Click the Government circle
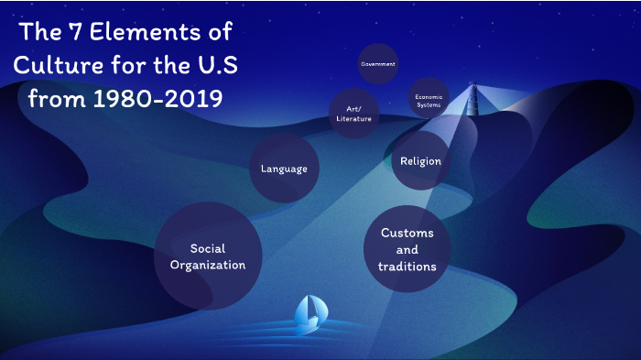point(377,64)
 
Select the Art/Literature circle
point(353,113)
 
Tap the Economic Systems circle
point(429,100)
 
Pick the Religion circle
point(420,161)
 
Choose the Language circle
point(284,169)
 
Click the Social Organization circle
point(208,256)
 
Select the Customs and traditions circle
point(407,249)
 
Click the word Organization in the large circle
point(208,265)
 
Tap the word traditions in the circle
point(407,267)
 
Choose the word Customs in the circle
point(407,233)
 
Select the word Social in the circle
point(208,248)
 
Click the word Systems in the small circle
point(429,104)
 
